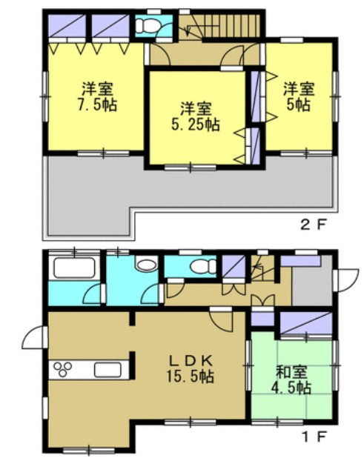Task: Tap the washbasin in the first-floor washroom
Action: (145, 266)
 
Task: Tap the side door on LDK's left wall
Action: (33, 339)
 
